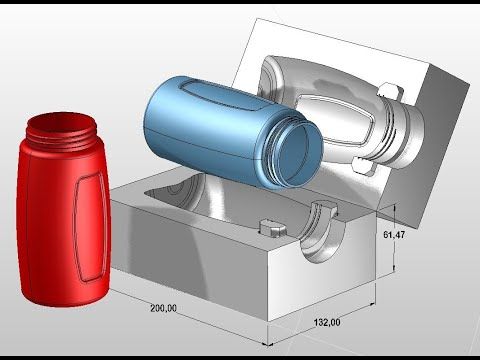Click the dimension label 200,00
point(163,308)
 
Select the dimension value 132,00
point(327,322)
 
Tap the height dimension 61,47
point(394,235)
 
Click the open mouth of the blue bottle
point(298,152)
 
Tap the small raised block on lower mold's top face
point(273,227)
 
